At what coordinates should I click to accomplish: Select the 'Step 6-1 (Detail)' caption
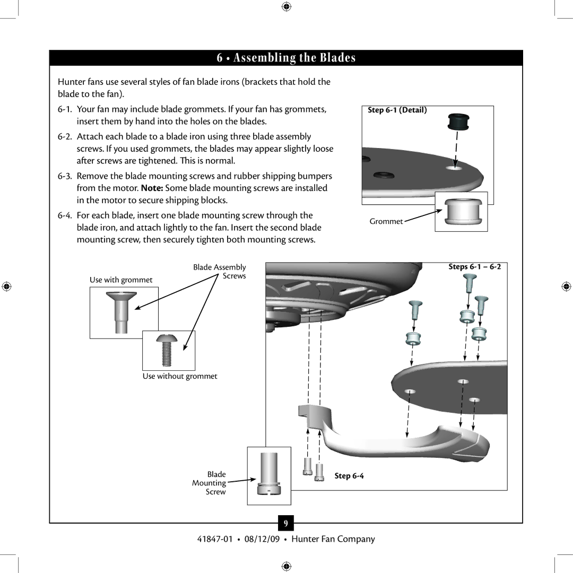pos(397,110)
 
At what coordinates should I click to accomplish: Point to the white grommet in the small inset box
pos(461,212)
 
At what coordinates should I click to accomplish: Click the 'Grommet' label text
pos(386,221)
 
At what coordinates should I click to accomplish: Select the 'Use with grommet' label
pos(121,280)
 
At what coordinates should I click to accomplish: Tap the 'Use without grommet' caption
pos(180,376)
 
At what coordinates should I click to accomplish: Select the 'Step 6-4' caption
pos(349,476)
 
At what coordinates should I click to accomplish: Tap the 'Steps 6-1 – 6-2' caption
pos(474,267)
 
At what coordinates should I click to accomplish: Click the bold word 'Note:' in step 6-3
pos(152,188)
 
